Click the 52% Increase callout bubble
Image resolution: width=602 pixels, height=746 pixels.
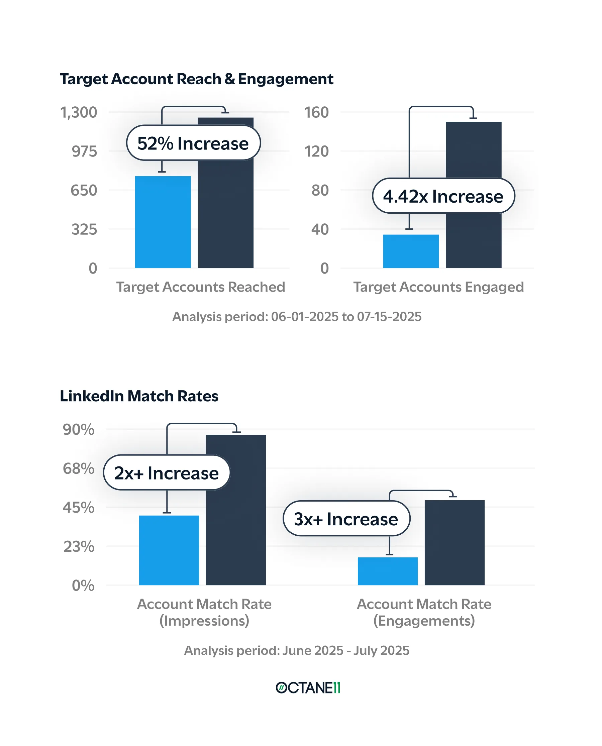pyautogui.click(x=193, y=143)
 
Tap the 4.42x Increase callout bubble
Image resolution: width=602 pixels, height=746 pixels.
pyautogui.click(x=443, y=196)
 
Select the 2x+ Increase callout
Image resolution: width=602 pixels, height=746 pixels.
pyautogui.click(x=167, y=472)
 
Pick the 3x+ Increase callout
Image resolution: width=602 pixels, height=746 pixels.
pyautogui.click(x=346, y=519)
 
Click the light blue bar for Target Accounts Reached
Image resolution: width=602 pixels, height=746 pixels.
pyautogui.click(x=163, y=222)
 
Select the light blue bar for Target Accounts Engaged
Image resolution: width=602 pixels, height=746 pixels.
pyautogui.click(x=411, y=251)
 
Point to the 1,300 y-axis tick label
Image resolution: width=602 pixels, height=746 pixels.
pyautogui.click(x=79, y=112)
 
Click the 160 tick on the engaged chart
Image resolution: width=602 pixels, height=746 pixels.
pyautogui.click(x=316, y=112)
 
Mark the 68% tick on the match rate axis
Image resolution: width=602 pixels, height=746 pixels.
pyautogui.click(x=78, y=468)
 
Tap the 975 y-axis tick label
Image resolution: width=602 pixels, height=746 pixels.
pyautogui.click(x=84, y=151)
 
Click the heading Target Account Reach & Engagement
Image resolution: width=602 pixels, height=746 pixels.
pyautogui.click(x=196, y=79)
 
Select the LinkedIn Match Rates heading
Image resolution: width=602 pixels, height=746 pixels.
pyautogui.click(x=139, y=396)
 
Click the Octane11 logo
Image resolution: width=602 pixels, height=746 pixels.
pyautogui.click(x=308, y=688)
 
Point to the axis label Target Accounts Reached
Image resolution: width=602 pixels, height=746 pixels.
pyautogui.click(x=200, y=287)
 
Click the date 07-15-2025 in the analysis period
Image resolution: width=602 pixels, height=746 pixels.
pyautogui.click(x=389, y=317)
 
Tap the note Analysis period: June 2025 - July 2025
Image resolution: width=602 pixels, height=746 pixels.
pyautogui.click(x=297, y=650)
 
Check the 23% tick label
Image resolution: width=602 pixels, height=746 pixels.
pyautogui.click(x=79, y=546)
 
